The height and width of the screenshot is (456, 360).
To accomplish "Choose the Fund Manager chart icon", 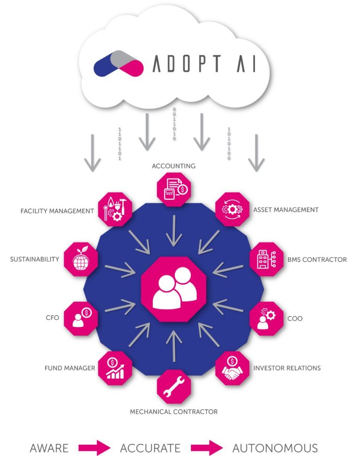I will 115,369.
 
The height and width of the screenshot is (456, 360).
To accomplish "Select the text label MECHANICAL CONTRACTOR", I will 174,412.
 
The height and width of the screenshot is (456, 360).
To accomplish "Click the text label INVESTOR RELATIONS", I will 287,368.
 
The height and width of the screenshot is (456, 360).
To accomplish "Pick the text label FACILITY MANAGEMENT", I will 57,211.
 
